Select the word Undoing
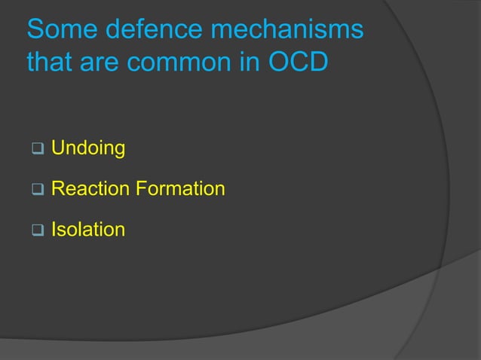click(87, 148)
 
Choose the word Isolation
click(87, 228)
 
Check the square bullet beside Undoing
click(35, 149)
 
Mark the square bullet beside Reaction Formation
click(35, 189)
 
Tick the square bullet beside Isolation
click(35, 229)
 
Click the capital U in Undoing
click(57, 148)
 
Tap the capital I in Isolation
click(54, 228)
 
